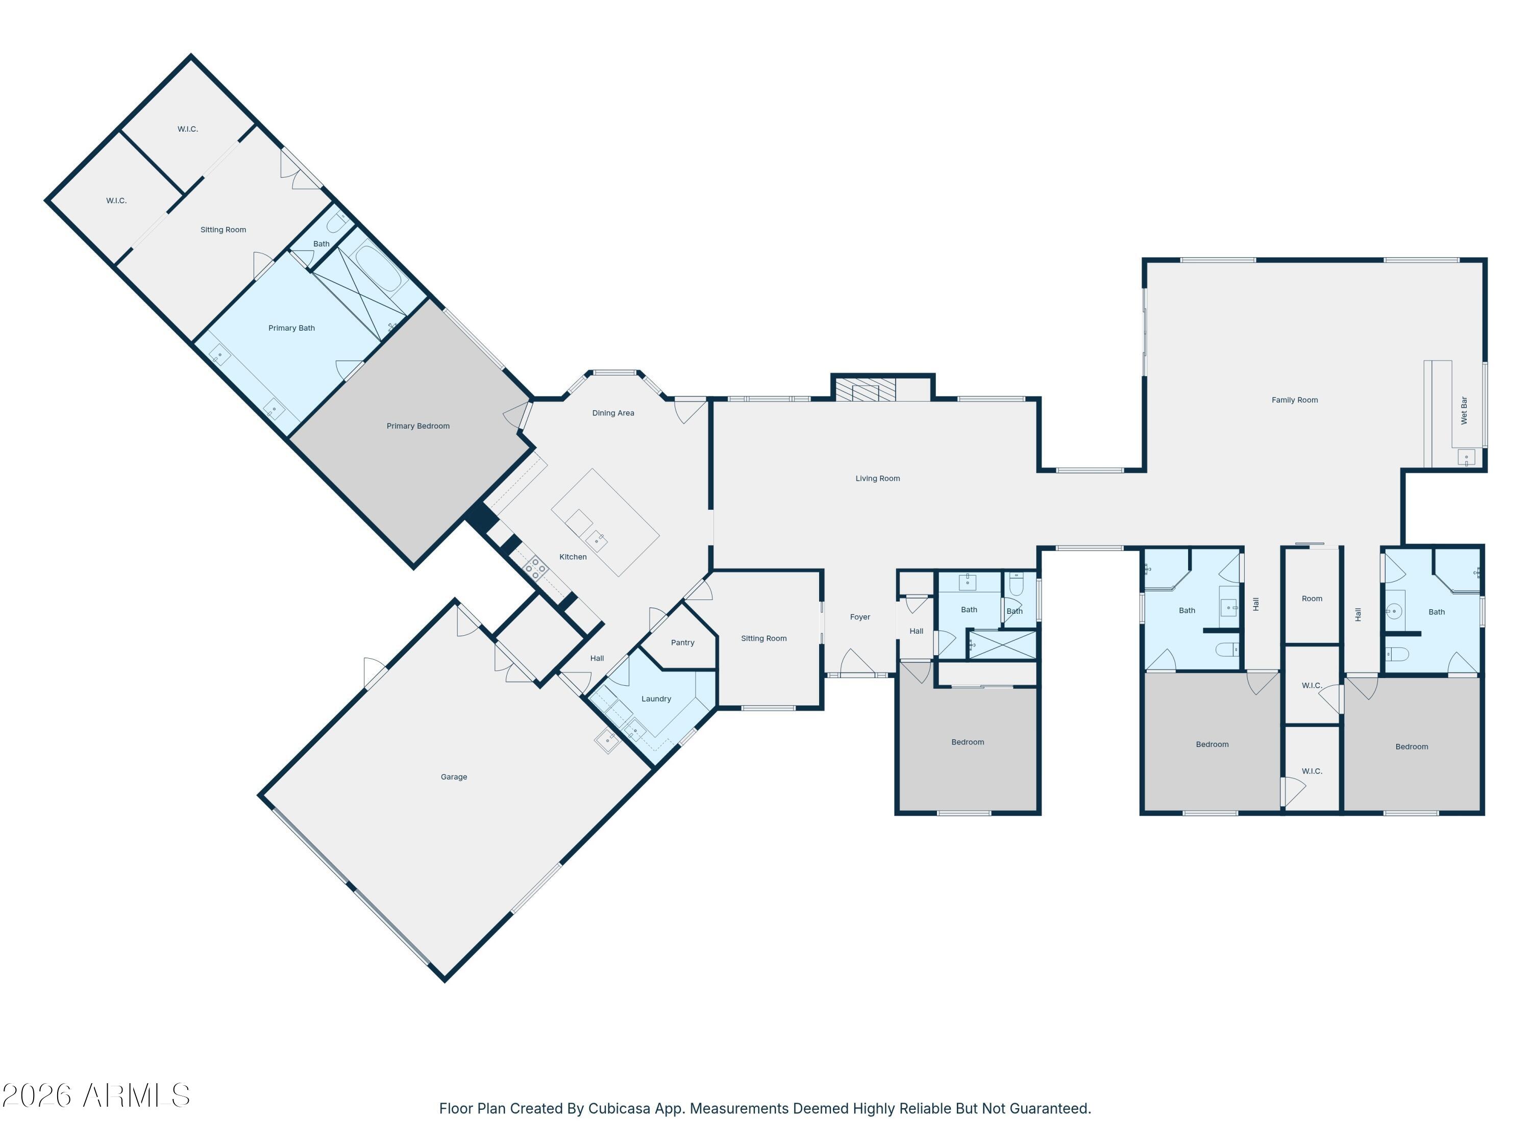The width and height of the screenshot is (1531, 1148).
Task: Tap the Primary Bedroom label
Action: [x=417, y=426]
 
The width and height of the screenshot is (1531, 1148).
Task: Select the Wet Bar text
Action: [x=1463, y=410]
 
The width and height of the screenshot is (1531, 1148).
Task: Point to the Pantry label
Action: [x=682, y=643]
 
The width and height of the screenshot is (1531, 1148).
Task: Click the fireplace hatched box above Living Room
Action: [x=865, y=389]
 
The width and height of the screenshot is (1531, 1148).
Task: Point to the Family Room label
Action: [x=1294, y=400]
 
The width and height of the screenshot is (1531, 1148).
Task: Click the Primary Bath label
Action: [x=291, y=328]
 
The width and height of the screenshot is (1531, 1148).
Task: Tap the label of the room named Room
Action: [x=1311, y=598]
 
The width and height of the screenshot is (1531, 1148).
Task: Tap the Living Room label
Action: [x=877, y=478]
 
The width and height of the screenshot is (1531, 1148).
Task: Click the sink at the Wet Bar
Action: [x=1466, y=457]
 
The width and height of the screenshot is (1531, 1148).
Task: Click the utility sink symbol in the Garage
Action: [x=607, y=741]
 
